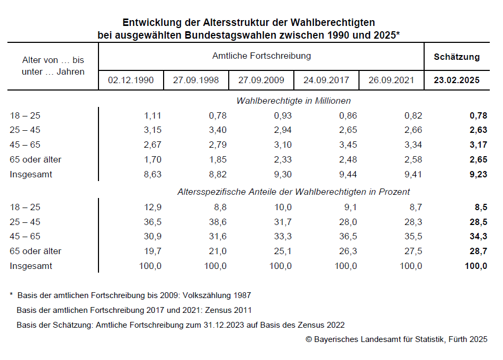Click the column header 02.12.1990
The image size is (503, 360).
point(131,80)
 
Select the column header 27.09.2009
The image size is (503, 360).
point(261,80)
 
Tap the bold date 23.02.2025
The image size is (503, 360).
point(456,80)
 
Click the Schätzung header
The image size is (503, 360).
point(456,57)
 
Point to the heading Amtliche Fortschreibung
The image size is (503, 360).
point(261,56)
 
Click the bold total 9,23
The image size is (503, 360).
point(478,174)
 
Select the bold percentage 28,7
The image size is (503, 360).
point(478,251)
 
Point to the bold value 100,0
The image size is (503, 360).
point(475,266)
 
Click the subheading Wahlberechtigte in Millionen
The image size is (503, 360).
point(293,101)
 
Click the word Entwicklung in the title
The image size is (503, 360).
point(149,23)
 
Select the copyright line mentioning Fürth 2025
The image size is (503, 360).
point(396,339)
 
